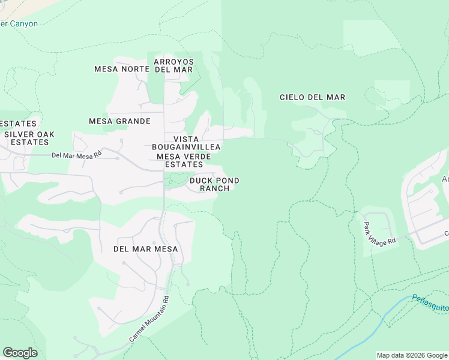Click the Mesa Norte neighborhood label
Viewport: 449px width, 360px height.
pyautogui.click(x=122, y=69)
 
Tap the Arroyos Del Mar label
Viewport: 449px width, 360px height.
pyautogui.click(x=173, y=65)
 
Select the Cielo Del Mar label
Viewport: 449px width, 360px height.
pyautogui.click(x=313, y=97)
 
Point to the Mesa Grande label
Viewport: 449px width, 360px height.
pyautogui.click(x=119, y=121)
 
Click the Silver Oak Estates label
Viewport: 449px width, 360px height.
pyautogui.click(x=26, y=138)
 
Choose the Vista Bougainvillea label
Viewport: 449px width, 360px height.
pyautogui.click(x=186, y=143)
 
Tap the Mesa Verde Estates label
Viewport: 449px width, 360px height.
pyautogui.click(x=184, y=160)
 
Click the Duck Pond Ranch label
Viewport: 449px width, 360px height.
pyautogui.click(x=214, y=184)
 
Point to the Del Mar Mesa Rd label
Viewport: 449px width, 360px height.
pyautogui.click(x=77, y=155)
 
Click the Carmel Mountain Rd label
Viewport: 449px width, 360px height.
pyautogui.click(x=149, y=319)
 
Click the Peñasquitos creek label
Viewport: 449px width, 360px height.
pyautogui.click(x=430, y=302)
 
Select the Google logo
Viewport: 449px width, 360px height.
pyautogui.click(x=20, y=353)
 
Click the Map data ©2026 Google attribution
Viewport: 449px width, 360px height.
pyautogui.click(x=411, y=355)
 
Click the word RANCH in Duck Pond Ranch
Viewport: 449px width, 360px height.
pyautogui.click(x=214, y=188)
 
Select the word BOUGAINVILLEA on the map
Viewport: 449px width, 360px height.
pyautogui.click(x=186, y=147)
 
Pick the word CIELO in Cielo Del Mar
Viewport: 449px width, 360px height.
pyautogui.click(x=294, y=97)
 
